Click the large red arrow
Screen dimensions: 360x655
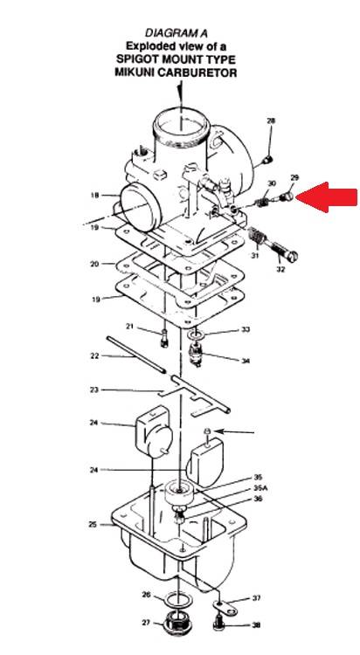(x=327, y=197)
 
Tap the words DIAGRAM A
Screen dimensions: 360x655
(x=176, y=32)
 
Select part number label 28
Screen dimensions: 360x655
(x=272, y=121)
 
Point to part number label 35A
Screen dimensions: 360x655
(x=260, y=487)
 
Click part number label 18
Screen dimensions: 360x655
(x=94, y=195)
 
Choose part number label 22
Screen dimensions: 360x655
(x=95, y=356)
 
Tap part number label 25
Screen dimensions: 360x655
(x=93, y=524)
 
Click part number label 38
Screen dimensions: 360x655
(x=256, y=625)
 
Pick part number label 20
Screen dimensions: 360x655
(x=94, y=264)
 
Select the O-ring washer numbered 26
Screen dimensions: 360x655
(x=176, y=599)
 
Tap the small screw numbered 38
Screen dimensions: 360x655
(x=218, y=622)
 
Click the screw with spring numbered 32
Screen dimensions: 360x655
(x=273, y=245)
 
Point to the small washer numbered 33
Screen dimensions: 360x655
(x=195, y=335)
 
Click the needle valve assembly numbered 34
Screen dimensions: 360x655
(x=196, y=355)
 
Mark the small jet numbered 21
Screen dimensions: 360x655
(x=164, y=338)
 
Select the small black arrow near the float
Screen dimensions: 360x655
(x=235, y=431)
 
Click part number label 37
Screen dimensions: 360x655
(x=256, y=598)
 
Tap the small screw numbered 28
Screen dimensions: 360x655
(x=267, y=159)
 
